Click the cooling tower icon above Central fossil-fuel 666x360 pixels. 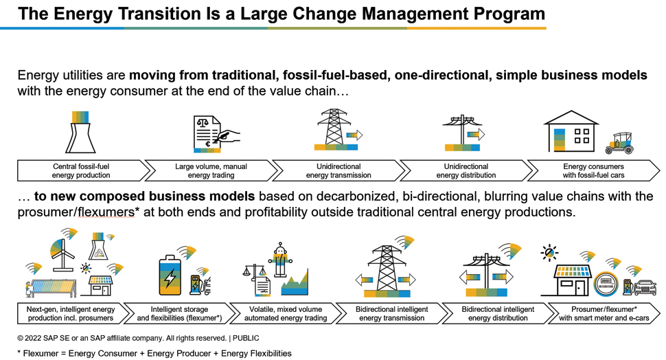pos(80,132)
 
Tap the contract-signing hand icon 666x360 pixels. pos(228,137)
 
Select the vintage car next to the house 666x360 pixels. pos(620,144)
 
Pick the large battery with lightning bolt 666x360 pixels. pos(170,275)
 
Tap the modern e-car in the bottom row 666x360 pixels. pos(645,287)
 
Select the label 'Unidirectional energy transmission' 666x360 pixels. pos(338,171)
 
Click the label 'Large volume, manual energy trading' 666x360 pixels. pos(211,171)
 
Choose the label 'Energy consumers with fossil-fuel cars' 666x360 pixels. pos(593,171)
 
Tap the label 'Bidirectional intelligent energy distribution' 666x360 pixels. pos(498,314)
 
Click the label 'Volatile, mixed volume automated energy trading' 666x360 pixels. pos(286,314)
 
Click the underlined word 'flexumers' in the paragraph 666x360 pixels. pos(106,212)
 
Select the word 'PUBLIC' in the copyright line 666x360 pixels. pos(246,338)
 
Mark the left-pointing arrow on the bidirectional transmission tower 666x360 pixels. pos(364,280)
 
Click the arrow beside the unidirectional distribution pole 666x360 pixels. pos(476,134)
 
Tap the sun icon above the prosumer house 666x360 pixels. pos(549,253)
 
